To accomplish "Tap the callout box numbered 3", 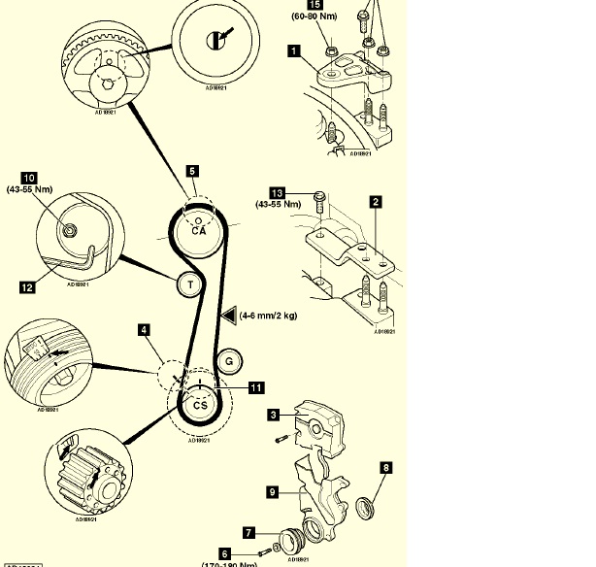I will tap(275, 415).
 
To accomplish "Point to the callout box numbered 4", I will tap(144, 331).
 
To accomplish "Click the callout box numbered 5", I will tap(192, 171).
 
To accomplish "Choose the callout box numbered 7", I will tap(249, 532).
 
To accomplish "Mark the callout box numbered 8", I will tap(386, 468).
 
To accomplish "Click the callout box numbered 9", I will tap(275, 492).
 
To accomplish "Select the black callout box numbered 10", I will tap(30, 178).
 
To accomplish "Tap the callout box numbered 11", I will tap(256, 387).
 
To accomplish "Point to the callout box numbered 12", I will tap(26, 286).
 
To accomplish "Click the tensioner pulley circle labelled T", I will tap(190, 283).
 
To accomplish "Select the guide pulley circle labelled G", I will tap(231, 360).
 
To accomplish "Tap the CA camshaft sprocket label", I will tap(199, 230).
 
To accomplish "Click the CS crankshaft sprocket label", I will tap(198, 405).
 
